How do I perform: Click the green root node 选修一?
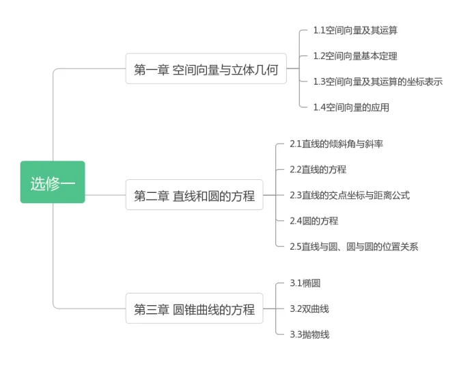coord(53,183)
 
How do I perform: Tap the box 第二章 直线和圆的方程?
coord(194,196)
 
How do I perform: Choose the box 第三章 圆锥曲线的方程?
coord(194,309)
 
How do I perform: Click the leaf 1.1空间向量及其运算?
coord(355,30)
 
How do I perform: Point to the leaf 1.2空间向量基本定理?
coord(355,56)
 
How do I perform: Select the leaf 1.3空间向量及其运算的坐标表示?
coord(378,81)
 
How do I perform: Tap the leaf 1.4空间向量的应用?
coord(351,107)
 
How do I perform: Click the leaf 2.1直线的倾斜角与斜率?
coord(336,144)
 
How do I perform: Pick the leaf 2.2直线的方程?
coord(318,169)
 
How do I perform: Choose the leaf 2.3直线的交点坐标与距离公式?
coord(350,195)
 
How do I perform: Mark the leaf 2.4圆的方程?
coord(314,220)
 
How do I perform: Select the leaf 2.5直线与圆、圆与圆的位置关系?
coord(354,246)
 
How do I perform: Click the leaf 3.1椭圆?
coord(305,283)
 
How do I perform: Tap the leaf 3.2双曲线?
coord(309,309)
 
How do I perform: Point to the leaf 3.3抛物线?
coord(309,335)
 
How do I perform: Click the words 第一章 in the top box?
coord(151,69)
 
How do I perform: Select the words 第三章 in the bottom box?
coord(151,309)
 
